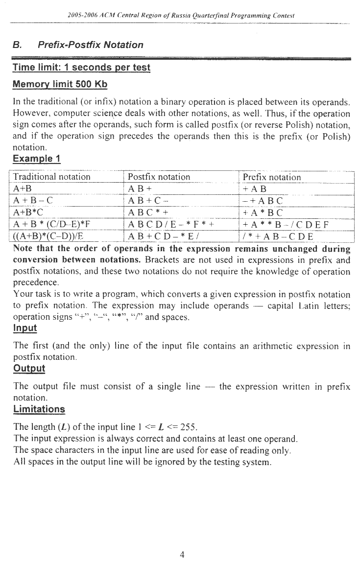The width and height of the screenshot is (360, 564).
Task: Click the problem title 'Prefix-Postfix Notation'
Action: click(x=91, y=45)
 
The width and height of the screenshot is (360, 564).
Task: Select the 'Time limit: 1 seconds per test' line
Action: click(x=81, y=67)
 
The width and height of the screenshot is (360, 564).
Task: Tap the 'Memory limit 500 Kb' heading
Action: click(x=60, y=84)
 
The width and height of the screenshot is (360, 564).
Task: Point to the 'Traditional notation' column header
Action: click(x=52, y=177)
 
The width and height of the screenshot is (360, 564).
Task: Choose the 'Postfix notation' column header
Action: click(x=159, y=177)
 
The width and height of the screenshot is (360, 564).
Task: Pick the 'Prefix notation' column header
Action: click(x=268, y=177)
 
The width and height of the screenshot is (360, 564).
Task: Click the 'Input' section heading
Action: click(x=24, y=328)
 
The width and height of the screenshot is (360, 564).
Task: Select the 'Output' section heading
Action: click(x=28, y=368)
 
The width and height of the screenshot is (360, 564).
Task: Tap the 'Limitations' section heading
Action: click(x=39, y=409)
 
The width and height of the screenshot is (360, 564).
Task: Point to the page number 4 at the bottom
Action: click(x=182, y=555)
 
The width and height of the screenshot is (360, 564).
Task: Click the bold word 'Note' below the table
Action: click(x=23, y=248)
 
